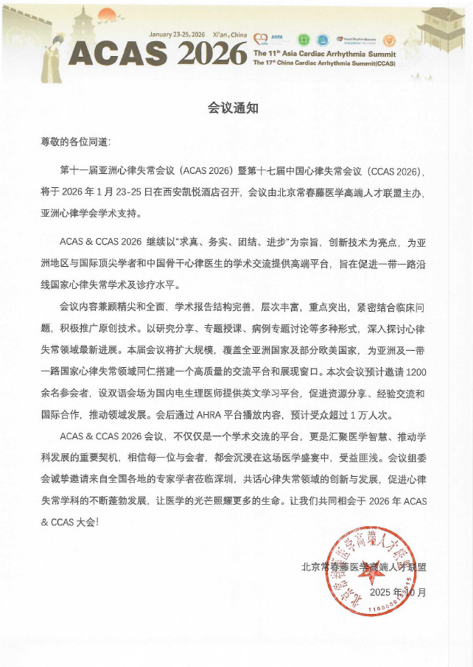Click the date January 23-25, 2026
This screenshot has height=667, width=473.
(x=177, y=34)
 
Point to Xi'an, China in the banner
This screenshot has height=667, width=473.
(x=228, y=34)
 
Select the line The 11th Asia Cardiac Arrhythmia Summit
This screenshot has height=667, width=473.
(x=323, y=55)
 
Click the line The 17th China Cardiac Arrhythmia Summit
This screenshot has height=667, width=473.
(x=323, y=63)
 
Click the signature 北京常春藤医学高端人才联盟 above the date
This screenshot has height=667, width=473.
(x=364, y=567)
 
